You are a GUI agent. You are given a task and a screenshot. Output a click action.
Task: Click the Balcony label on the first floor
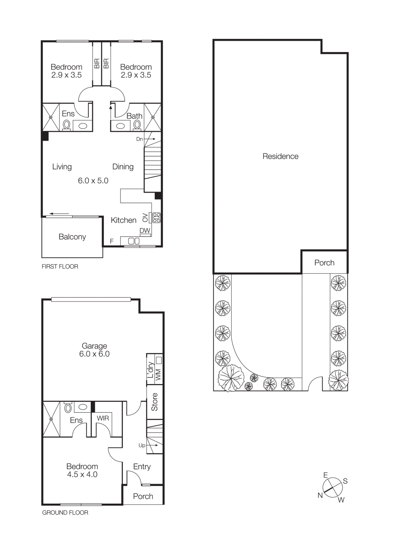click(72, 237)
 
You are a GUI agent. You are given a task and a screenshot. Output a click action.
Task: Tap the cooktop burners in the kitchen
click(156, 218)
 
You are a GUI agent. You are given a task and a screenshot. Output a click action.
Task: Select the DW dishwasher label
click(145, 230)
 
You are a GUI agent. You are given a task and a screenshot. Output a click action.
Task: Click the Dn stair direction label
click(139, 139)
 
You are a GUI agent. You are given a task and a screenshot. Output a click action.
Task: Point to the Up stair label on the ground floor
click(142, 445)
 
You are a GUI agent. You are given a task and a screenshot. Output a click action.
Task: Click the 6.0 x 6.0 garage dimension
click(94, 354)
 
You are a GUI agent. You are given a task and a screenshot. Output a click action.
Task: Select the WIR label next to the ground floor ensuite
click(103, 418)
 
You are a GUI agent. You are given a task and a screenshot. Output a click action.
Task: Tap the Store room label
click(155, 402)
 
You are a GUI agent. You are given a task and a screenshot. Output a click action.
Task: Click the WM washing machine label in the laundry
click(158, 374)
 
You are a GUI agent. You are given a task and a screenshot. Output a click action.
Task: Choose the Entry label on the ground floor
click(142, 467)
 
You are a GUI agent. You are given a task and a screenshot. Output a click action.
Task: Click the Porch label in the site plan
click(324, 263)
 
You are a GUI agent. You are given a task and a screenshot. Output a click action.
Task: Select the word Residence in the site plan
click(280, 156)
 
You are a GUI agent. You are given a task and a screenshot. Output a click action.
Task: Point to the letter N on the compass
click(320, 495)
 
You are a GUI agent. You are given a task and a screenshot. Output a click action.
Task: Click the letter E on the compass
click(326, 475)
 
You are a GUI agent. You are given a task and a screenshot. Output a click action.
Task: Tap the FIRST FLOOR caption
click(60, 267)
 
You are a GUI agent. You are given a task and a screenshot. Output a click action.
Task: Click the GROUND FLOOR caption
click(65, 513)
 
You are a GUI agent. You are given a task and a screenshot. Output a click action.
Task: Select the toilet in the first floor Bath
click(137, 125)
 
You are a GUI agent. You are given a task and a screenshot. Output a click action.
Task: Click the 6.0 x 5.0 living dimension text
click(93, 181)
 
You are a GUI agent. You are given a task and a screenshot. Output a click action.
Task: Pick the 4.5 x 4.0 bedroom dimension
click(82, 475)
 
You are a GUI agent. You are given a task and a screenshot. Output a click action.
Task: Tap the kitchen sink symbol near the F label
click(134, 241)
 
